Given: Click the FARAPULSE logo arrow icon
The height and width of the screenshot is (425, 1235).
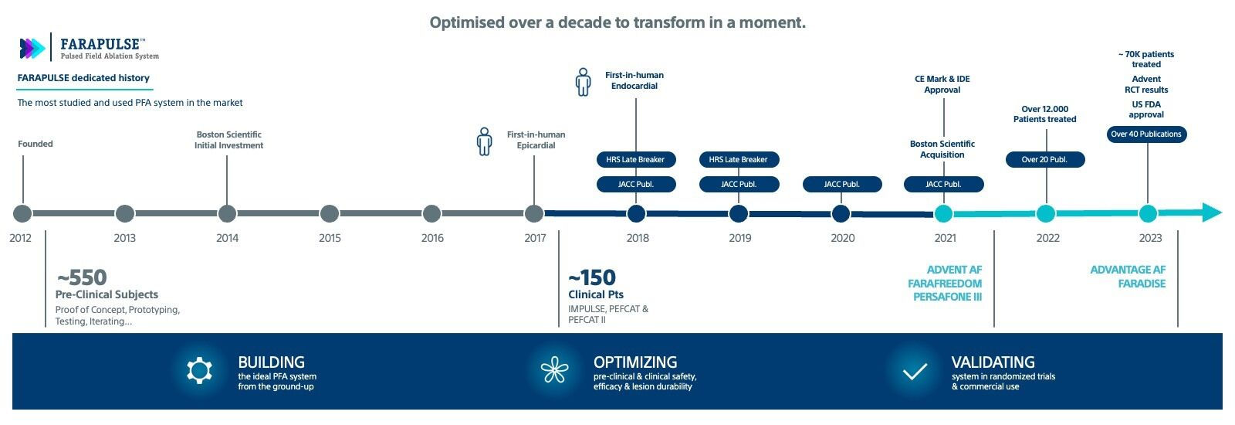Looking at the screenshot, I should [32, 49].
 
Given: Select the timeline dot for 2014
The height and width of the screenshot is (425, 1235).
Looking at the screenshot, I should [227, 213].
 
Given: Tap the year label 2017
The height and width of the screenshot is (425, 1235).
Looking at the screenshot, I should [535, 238].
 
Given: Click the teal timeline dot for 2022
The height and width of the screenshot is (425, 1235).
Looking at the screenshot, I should [1046, 213].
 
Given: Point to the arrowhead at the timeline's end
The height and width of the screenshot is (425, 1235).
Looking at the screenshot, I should [1211, 212].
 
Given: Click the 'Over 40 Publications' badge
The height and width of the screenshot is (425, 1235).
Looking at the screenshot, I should [1146, 134].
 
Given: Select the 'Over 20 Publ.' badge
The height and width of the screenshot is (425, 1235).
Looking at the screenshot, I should [1045, 160].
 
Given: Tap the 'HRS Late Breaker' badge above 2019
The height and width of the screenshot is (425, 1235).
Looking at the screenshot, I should [739, 160].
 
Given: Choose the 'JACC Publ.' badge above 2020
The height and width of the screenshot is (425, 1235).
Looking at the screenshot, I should [841, 185].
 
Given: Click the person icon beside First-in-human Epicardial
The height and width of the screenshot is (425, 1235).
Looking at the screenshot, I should [484, 141].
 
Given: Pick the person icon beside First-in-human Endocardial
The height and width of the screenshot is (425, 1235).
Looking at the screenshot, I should [584, 82].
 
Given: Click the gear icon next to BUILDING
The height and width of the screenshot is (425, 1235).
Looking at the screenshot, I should [199, 371].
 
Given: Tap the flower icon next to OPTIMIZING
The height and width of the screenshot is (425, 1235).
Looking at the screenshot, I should [554, 371].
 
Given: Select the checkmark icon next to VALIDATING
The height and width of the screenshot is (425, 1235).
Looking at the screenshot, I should [915, 372].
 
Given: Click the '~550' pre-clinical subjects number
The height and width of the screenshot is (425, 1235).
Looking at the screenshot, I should [82, 277].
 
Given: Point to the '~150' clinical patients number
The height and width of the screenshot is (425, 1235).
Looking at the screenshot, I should [592, 277].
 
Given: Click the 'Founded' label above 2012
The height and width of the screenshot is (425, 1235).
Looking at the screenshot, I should [36, 144].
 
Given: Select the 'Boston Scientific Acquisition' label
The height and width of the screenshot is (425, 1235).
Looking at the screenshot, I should [942, 149].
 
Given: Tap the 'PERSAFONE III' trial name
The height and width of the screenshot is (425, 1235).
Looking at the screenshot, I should [947, 297].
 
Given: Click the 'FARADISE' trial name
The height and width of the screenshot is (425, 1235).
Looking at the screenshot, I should [1142, 284].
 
